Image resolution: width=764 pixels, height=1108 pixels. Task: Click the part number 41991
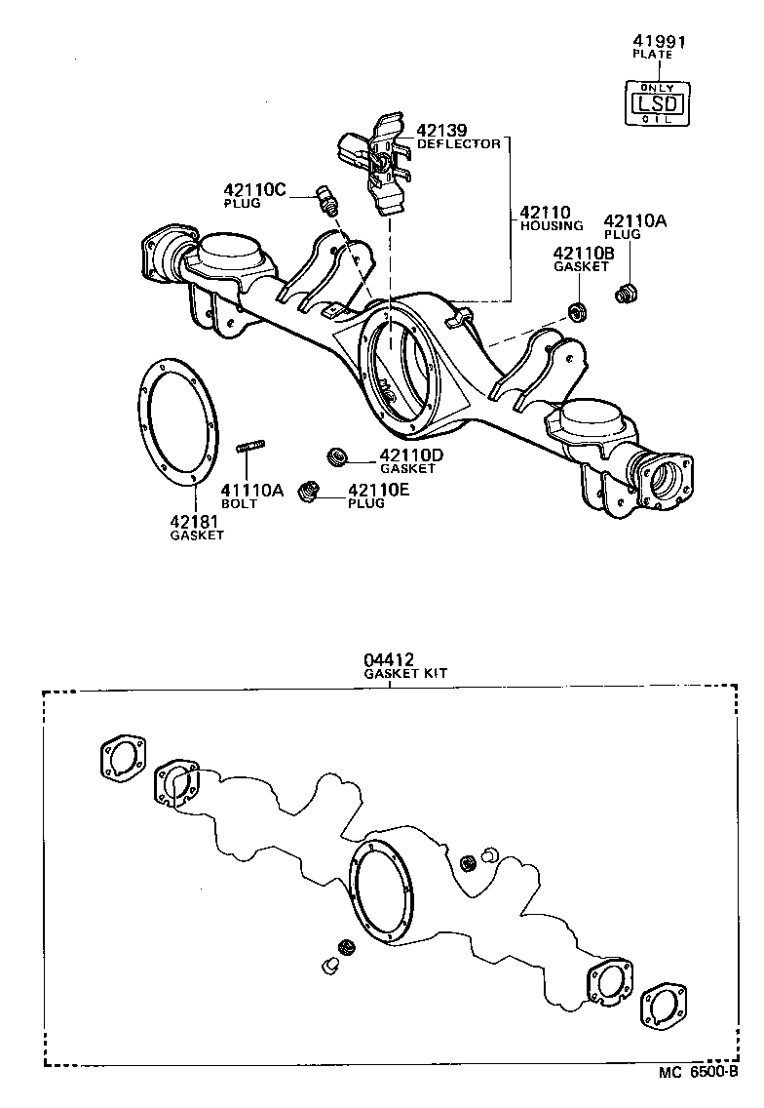tap(652, 42)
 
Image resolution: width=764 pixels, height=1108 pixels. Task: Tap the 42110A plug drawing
tap(627, 292)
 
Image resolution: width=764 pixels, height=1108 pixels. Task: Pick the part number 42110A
tap(634, 221)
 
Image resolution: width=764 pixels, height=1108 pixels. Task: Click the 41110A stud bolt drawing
tap(251, 448)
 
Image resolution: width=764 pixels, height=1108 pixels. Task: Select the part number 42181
tap(197, 522)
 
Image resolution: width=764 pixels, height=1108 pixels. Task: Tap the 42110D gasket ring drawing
tap(339, 455)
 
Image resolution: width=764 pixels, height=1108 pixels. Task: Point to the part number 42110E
tap(379, 490)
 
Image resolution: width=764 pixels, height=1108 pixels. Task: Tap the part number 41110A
tap(250, 490)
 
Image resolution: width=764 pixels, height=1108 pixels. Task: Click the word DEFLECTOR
tap(459, 143)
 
